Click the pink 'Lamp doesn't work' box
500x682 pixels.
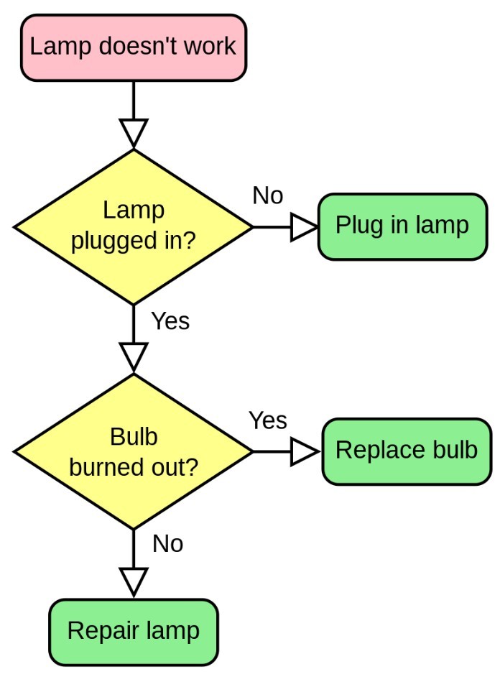pos(134,47)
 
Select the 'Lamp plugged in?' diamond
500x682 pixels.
pos(134,227)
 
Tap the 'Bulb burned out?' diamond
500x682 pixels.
pos(134,452)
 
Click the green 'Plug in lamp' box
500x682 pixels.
pos(402,226)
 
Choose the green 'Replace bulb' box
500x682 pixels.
pos(407,451)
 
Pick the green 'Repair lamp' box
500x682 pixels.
pos(134,632)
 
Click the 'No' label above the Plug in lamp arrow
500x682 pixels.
pos(268,195)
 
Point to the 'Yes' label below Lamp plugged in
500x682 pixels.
pos(170,321)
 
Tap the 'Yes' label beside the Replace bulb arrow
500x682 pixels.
pos(268,420)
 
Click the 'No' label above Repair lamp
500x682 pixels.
pos(167,545)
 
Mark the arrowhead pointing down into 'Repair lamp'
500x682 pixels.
pos(134,581)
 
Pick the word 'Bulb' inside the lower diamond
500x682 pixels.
pos(134,437)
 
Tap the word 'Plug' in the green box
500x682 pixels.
pos(358,226)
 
